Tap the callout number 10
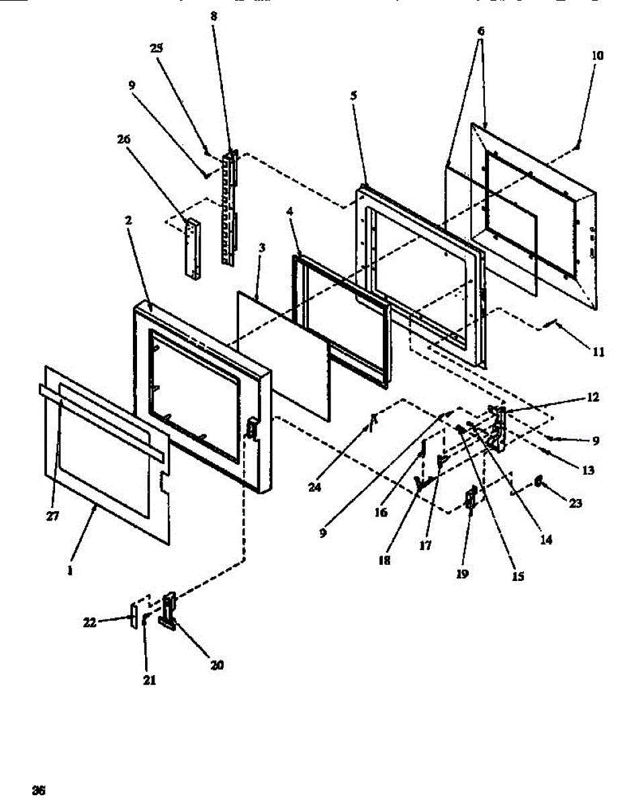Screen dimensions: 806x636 (x=597, y=56)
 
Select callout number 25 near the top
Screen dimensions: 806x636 (x=156, y=48)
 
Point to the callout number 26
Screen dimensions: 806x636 (x=124, y=139)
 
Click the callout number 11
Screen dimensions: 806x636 (x=598, y=351)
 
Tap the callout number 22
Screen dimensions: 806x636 (x=89, y=623)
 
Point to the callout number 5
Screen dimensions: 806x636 (x=353, y=95)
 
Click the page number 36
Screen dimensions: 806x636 (x=39, y=790)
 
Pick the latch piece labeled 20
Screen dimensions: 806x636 (x=168, y=609)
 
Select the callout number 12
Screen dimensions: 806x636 (x=593, y=397)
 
